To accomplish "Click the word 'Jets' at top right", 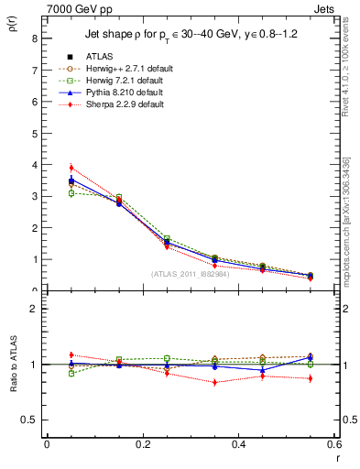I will point(325,8).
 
